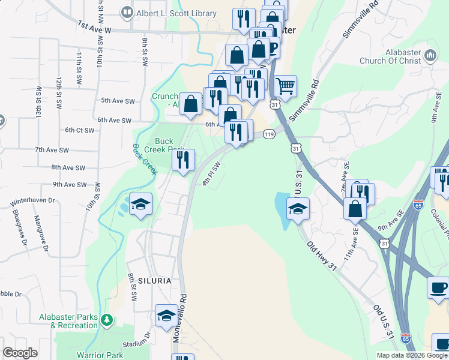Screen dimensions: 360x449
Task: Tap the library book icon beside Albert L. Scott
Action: pos(127,12)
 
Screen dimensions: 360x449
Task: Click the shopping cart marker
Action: pos(285,85)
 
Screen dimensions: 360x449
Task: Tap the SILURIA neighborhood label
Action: pos(154,281)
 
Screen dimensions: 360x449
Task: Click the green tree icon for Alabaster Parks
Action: pos(107,319)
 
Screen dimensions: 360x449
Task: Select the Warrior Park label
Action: pos(99,355)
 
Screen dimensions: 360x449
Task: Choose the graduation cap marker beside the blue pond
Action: pos(298,209)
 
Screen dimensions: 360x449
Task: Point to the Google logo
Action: pos(20,353)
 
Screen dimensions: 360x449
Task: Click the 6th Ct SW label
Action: pos(80,130)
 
